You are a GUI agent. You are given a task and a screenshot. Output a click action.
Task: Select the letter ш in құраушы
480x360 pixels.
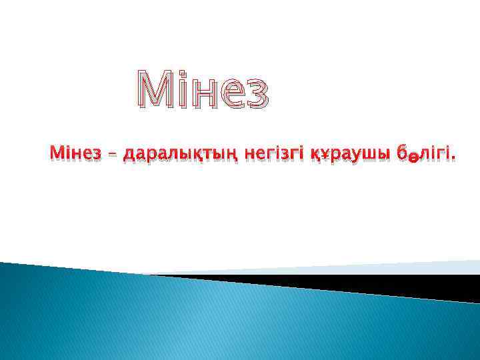[370, 155]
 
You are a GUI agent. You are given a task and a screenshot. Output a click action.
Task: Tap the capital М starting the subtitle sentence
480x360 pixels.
[55, 153]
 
